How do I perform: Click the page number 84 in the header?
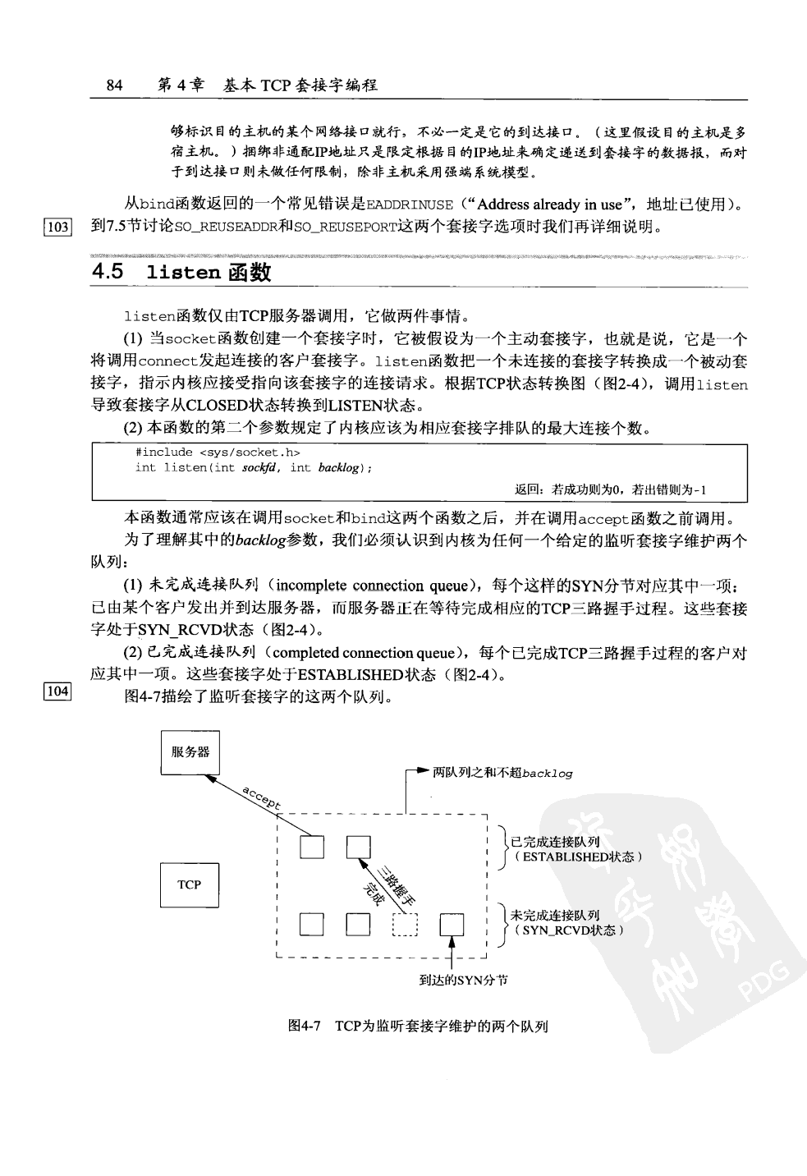click(x=114, y=85)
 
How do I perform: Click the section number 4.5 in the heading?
click(x=108, y=273)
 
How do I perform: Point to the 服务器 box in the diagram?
click(x=190, y=751)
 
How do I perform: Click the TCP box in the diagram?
click(x=189, y=884)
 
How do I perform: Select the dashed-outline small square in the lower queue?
click(x=406, y=925)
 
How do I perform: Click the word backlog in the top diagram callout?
click(x=548, y=773)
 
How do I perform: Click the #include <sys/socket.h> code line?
click(x=218, y=452)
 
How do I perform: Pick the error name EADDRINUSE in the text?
click(x=409, y=205)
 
